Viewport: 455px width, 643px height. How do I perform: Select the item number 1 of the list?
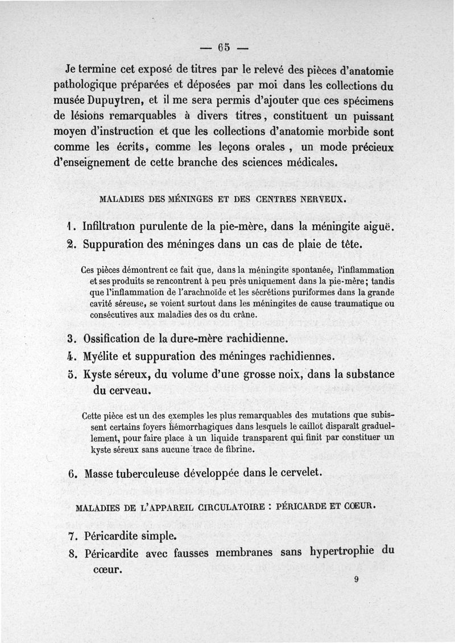(x=70, y=226)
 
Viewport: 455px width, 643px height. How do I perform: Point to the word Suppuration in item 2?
(x=116, y=244)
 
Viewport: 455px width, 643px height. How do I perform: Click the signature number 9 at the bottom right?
(x=355, y=580)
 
